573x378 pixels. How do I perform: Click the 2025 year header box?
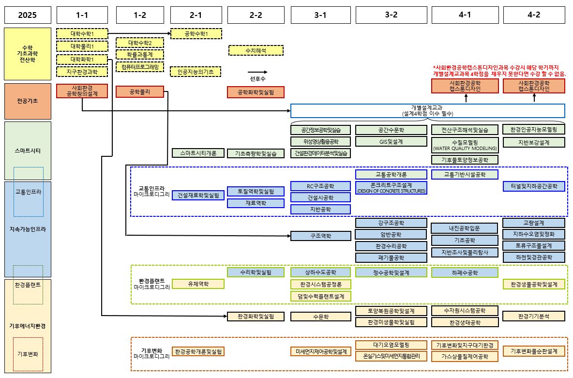click(x=28, y=15)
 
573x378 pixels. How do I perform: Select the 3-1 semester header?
click(x=320, y=15)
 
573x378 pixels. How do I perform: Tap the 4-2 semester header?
click(x=534, y=15)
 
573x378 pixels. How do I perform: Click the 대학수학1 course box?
click(x=82, y=34)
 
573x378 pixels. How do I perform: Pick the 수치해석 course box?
click(x=256, y=50)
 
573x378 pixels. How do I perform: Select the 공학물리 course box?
click(x=140, y=91)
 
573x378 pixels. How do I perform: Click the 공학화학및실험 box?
click(x=256, y=92)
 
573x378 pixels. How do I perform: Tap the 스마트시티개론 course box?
click(x=198, y=153)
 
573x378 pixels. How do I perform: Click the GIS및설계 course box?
click(x=391, y=142)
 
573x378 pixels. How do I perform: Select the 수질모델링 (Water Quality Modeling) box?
click(x=465, y=145)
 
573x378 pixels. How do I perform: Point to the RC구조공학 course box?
click(x=320, y=186)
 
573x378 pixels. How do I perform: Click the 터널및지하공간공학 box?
click(x=534, y=186)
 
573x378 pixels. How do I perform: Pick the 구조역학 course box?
click(x=320, y=236)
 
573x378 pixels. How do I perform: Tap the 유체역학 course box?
click(x=198, y=284)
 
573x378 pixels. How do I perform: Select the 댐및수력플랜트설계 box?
click(x=320, y=296)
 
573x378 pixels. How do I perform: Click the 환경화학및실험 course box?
click(x=256, y=317)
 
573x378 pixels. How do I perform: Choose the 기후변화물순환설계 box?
click(x=534, y=351)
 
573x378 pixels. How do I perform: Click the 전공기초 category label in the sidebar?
click(x=28, y=101)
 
